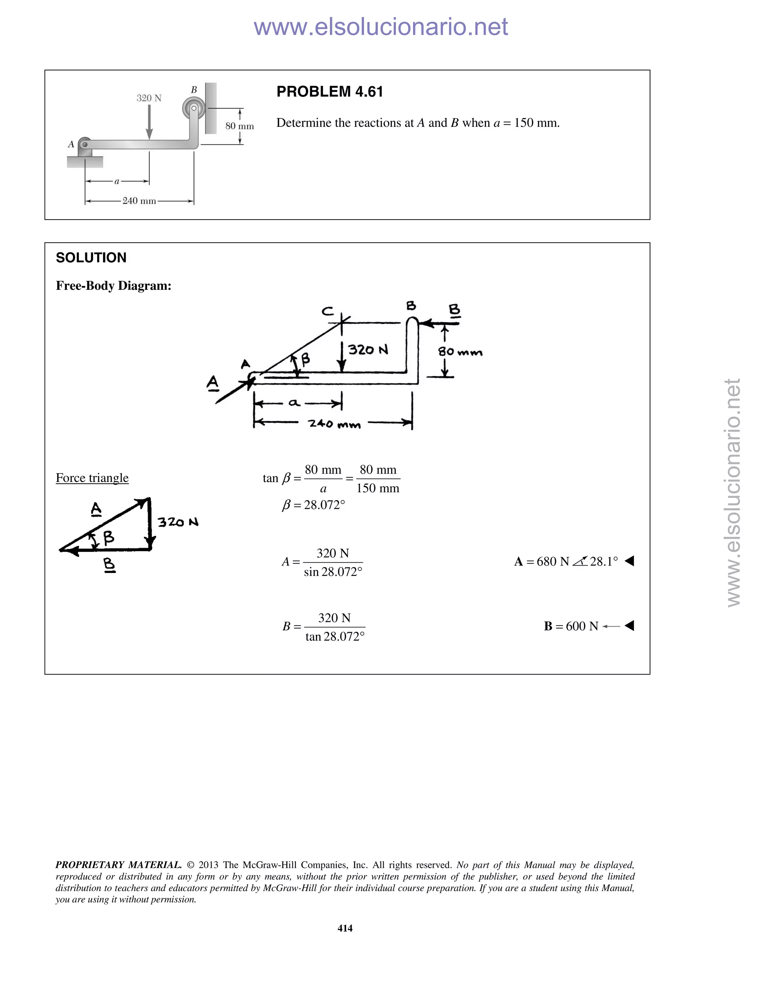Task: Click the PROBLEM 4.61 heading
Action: click(330, 92)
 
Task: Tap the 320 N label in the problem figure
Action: click(149, 98)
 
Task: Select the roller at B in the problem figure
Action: click(193, 108)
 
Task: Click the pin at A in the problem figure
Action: click(84, 144)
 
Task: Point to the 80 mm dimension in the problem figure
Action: click(240, 126)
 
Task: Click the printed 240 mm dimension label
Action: click(139, 201)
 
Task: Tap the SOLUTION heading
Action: click(91, 258)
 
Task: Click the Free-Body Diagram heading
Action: click(113, 286)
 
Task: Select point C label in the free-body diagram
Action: click(328, 311)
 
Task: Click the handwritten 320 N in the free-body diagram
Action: click(368, 350)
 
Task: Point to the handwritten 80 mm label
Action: click(460, 352)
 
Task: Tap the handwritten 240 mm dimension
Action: click(334, 424)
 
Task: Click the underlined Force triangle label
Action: click(92, 478)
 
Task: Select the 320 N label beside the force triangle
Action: click(178, 522)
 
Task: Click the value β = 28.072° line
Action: click(313, 505)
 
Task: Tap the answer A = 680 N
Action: click(566, 561)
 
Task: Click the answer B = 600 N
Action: click(571, 626)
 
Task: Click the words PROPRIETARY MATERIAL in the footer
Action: click(118, 865)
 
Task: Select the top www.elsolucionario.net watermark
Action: click(381, 27)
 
